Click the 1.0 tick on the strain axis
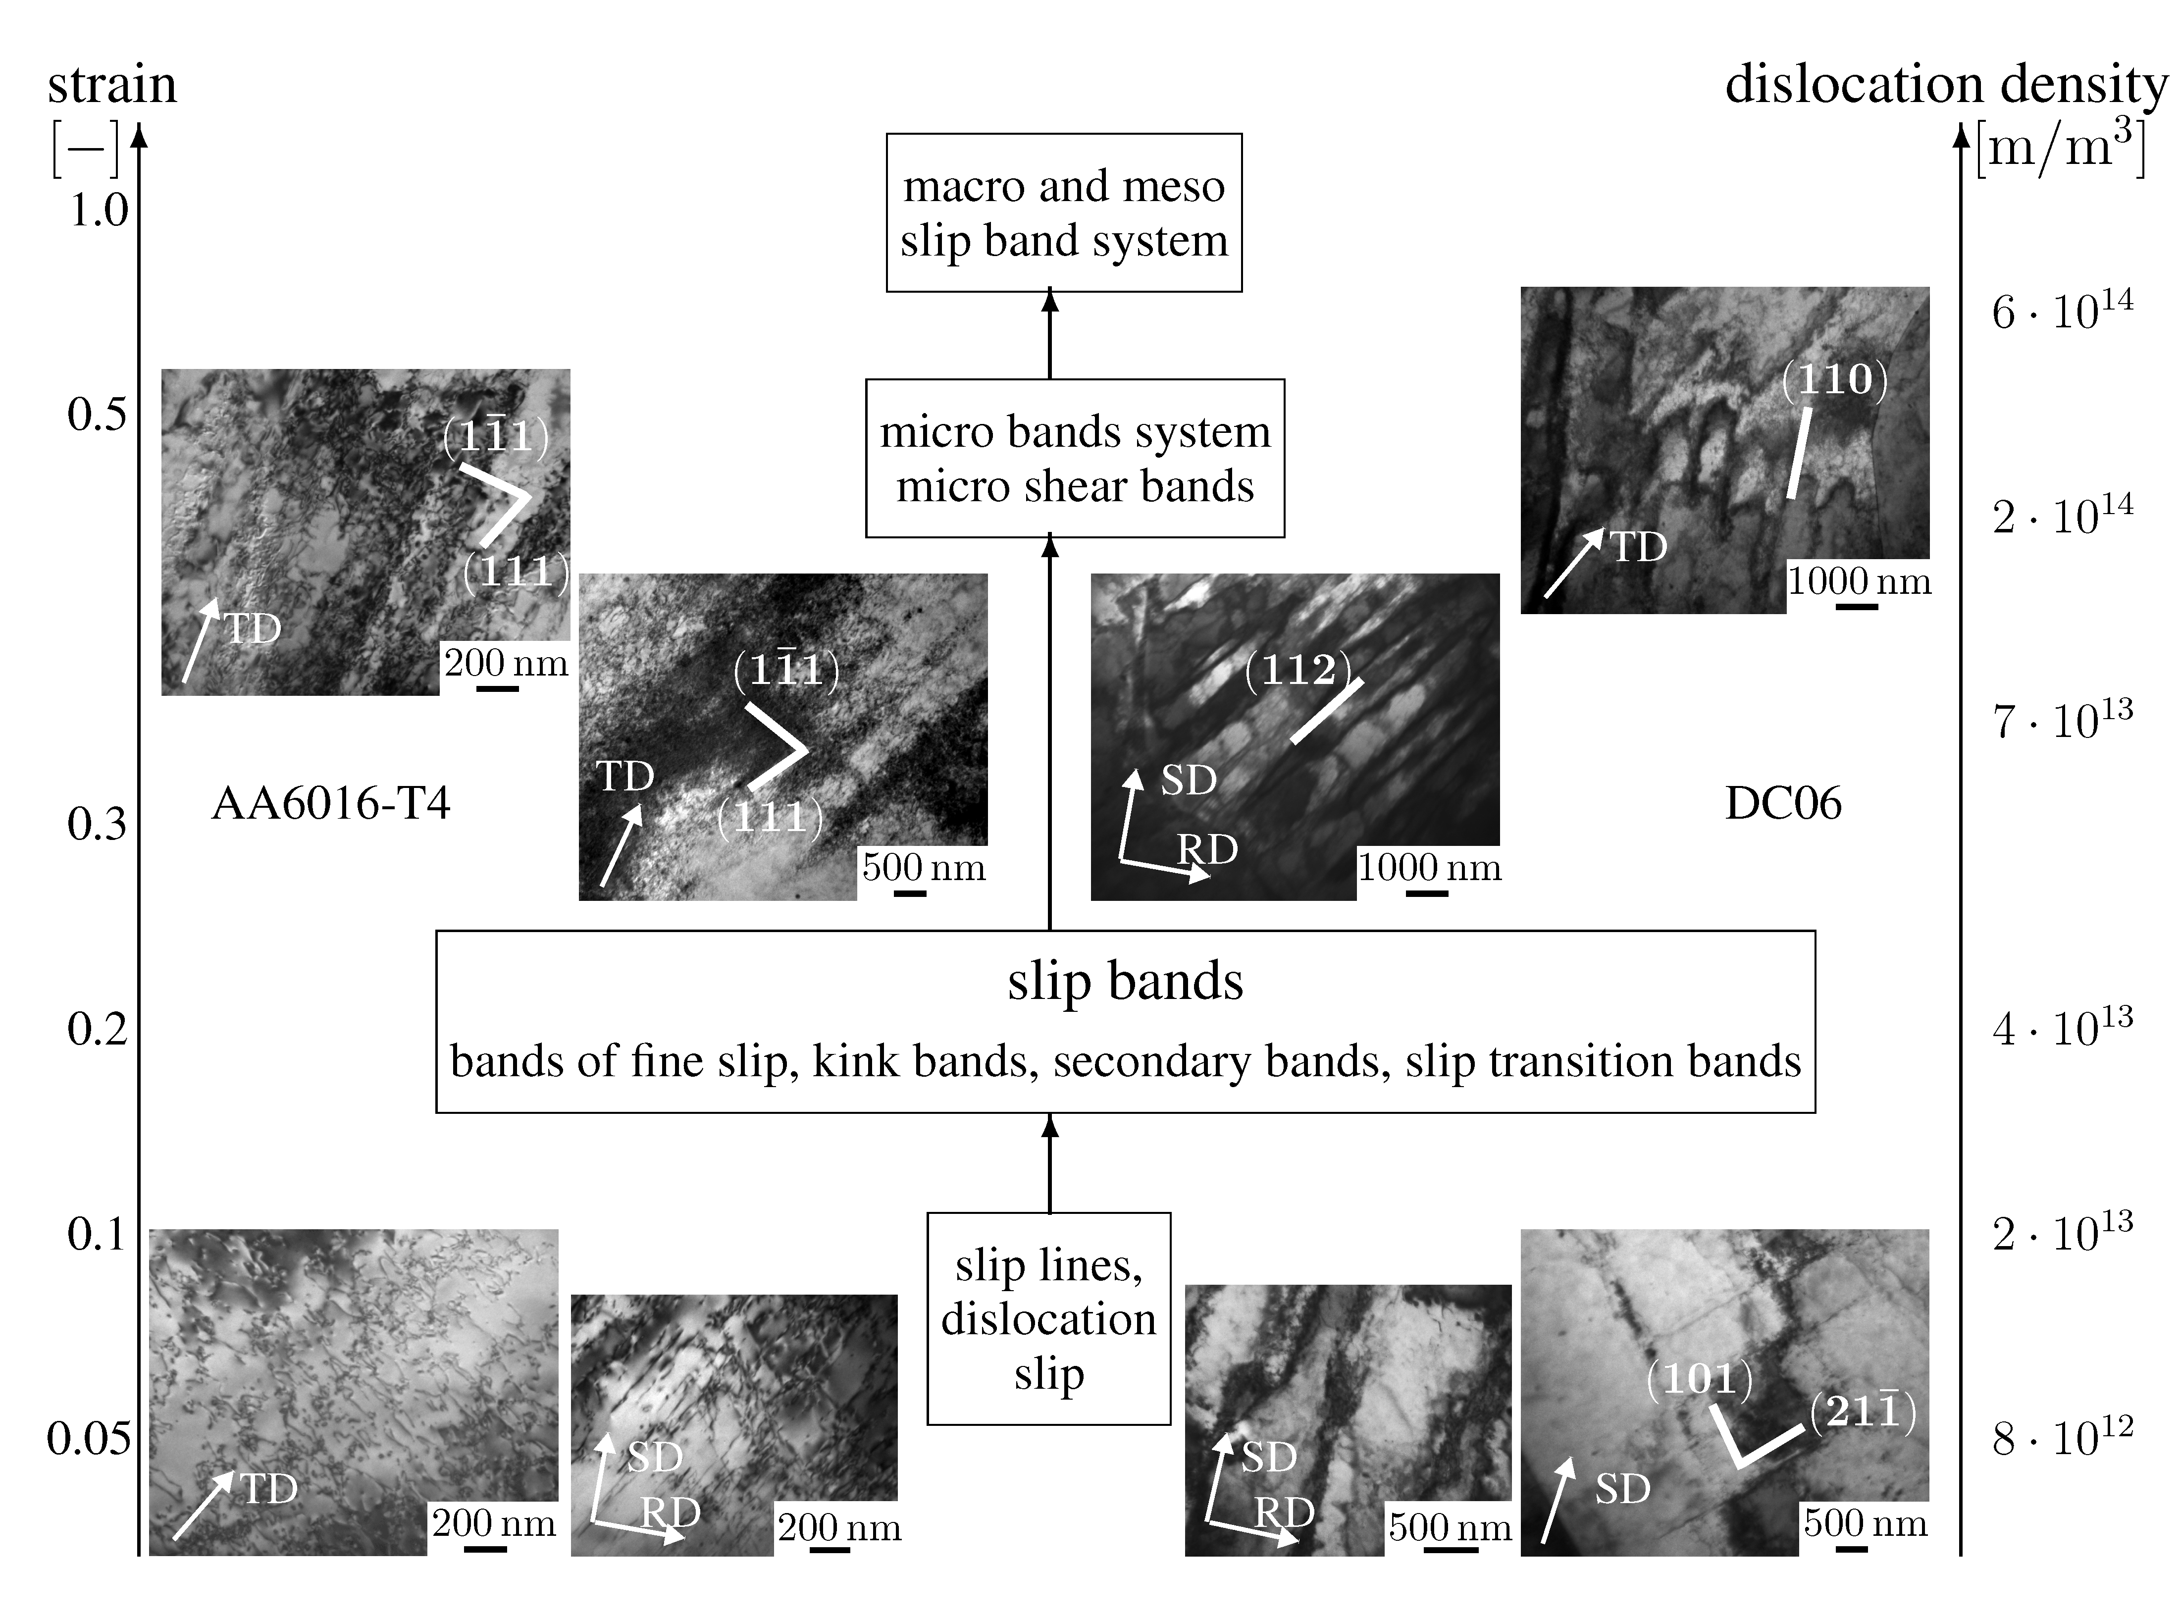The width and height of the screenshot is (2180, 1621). click(x=98, y=210)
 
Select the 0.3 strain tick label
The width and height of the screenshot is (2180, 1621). click(x=97, y=824)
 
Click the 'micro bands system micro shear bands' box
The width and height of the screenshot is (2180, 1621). click(x=1074, y=458)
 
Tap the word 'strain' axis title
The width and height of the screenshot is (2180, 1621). click(x=112, y=84)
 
